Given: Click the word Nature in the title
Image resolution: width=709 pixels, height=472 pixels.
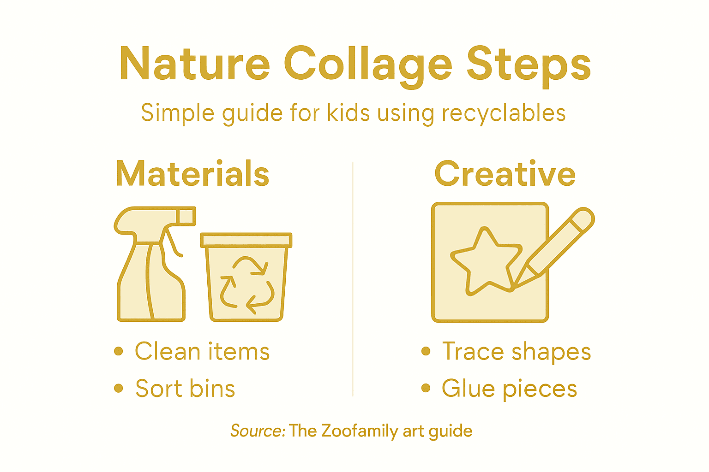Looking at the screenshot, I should point(194,64).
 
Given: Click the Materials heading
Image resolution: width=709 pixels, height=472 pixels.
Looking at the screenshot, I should point(192,174).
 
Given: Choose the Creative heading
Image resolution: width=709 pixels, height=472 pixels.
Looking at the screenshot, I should point(505,174).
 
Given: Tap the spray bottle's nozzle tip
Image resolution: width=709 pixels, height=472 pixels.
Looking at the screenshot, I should point(187,216).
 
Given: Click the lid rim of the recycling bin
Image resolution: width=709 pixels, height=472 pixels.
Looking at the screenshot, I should point(246,240).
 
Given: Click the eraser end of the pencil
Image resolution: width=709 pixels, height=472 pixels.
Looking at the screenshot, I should point(583,218).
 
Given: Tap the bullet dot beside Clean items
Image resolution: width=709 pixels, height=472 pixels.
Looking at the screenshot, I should point(119,351).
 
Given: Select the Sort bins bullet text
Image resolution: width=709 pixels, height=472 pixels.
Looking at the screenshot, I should point(185,388).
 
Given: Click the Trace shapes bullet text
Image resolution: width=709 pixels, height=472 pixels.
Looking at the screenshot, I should point(517,351).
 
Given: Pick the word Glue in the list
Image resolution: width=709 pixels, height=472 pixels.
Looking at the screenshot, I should point(469,388).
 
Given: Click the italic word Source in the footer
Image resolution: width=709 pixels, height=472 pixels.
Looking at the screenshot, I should point(258,431).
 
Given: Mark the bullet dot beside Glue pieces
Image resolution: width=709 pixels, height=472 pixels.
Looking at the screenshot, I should point(426,388).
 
